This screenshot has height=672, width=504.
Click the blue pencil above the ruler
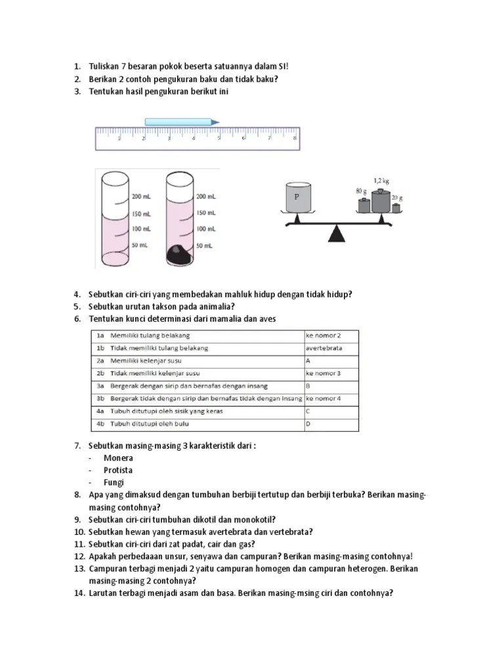tap(181, 121)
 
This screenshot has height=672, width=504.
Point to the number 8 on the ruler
tap(295, 138)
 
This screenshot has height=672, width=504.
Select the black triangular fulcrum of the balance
tap(337, 234)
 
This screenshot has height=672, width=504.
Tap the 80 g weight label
tap(360, 191)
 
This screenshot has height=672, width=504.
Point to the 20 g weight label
tap(398, 198)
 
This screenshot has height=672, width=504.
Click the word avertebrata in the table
tap(324, 348)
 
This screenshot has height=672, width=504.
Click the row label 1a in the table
tap(101, 335)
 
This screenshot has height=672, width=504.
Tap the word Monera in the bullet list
tap(118, 458)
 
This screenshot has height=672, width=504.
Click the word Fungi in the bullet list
tap(114, 482)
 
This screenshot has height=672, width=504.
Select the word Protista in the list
tap(118, 470)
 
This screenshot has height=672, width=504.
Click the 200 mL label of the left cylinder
tap(142, 196)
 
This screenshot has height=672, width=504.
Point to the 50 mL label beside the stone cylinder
tap(205, 245)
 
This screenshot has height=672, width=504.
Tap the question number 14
tap(78, 593)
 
